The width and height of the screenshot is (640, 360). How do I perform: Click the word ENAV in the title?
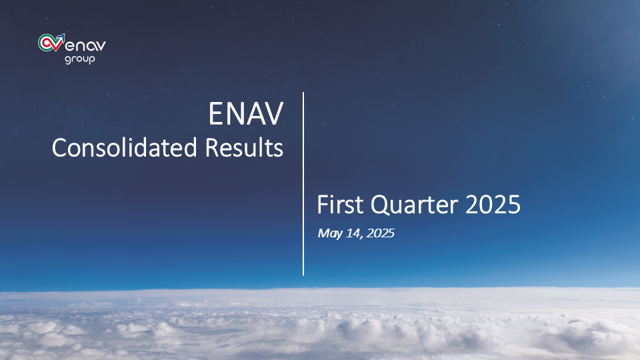[x=246, y=114]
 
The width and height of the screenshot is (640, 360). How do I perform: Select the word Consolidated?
[x=125, y=147]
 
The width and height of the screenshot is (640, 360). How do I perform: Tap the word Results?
[x=244, y=147]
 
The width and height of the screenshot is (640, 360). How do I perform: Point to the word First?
[x=340, y=205]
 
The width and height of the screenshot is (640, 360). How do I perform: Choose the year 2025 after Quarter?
[x=493, y=205]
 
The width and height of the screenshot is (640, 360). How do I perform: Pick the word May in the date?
[x=330, y=233]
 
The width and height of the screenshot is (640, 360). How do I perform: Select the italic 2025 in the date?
[x=381, y=233]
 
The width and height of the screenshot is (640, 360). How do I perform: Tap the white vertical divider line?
[x=303, y=184]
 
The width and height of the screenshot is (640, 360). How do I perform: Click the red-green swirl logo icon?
[x=51, y=43]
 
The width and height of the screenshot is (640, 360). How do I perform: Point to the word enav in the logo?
[x=85, y=45]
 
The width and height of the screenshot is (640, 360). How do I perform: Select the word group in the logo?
[x=80, y=59]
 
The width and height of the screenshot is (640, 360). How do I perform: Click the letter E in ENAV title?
[x=216, y=114]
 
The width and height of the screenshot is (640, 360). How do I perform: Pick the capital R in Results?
[x=212, y=148]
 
